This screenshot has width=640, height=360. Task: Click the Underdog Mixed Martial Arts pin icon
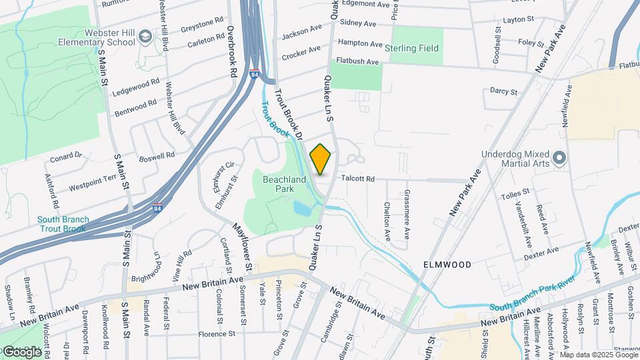point(560,158)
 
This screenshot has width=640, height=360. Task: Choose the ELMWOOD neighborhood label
point(447,265)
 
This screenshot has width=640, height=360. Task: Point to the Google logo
point(21,351)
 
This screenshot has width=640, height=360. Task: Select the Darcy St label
point(503,91)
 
